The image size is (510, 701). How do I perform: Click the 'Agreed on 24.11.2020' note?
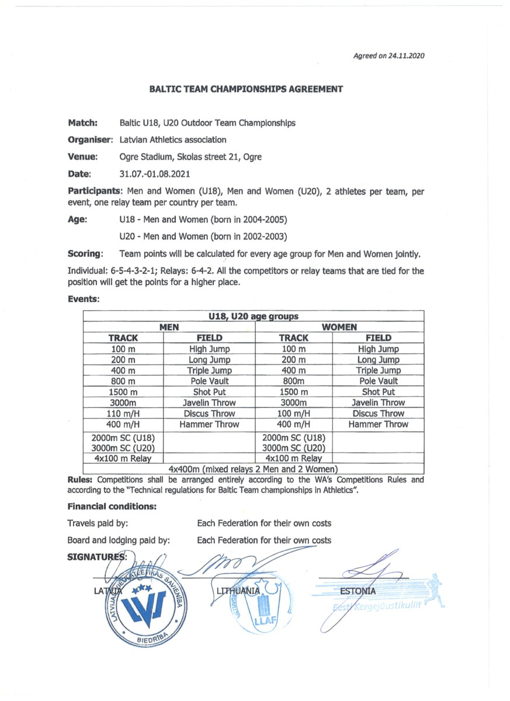click(388, 56)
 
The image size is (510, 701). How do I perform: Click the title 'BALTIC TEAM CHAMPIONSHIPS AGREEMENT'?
click(246, 89)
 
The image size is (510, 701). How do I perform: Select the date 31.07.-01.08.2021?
click(155, 174)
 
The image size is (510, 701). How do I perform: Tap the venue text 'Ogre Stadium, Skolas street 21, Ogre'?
click(190, 157)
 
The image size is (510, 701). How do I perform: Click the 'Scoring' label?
click(85, 254)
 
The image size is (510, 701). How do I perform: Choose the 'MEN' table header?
click(169, 327)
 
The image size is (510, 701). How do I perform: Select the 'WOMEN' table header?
click(339, 327)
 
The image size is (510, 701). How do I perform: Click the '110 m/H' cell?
click(123, 414)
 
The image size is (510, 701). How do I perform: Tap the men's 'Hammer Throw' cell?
click(209, 425)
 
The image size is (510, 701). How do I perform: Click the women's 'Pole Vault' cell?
click(378, 381)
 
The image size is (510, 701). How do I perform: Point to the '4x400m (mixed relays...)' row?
click(253, 469)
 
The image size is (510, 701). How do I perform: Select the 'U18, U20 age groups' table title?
click(254, 317)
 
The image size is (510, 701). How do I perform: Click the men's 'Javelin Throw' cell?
click(209, 403)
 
